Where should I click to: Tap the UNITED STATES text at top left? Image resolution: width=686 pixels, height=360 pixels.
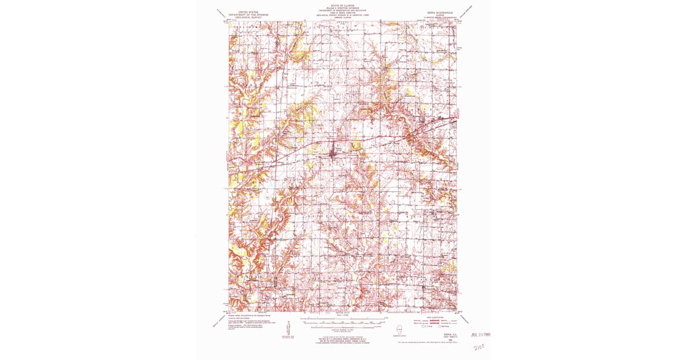point(244,11)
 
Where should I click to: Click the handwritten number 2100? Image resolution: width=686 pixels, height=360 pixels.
point(479,346)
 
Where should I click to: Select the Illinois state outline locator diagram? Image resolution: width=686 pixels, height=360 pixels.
point(400,330)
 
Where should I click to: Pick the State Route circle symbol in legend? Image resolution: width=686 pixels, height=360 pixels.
point(440,326)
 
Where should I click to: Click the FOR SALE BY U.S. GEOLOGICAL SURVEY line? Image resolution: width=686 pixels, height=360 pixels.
point(342,339)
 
